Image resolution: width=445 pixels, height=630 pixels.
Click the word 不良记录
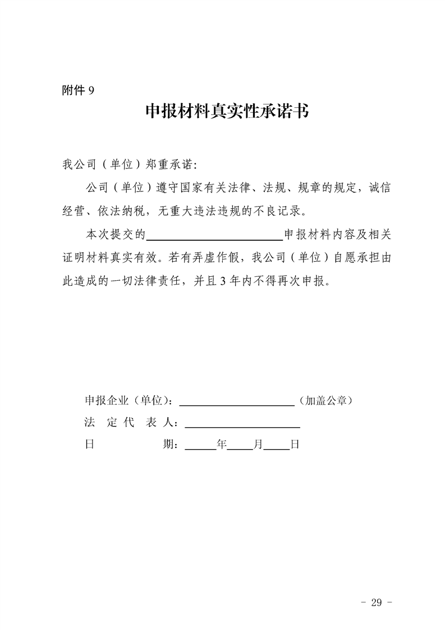(x=285, y=212)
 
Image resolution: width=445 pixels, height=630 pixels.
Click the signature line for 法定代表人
(x=242, y=425)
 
